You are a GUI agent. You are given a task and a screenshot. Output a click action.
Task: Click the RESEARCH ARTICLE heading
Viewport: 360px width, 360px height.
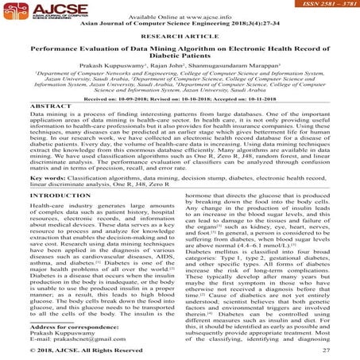click(x=180, y=37)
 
